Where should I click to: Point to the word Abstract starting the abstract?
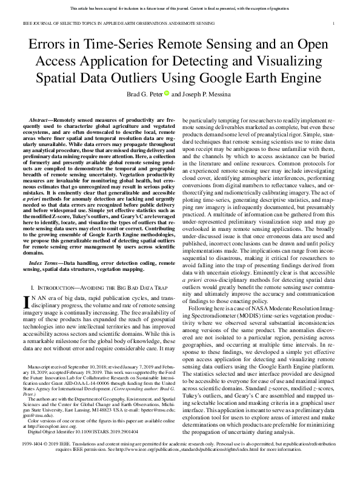tap(39, 121)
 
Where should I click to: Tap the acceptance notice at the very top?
tap(179, 8)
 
